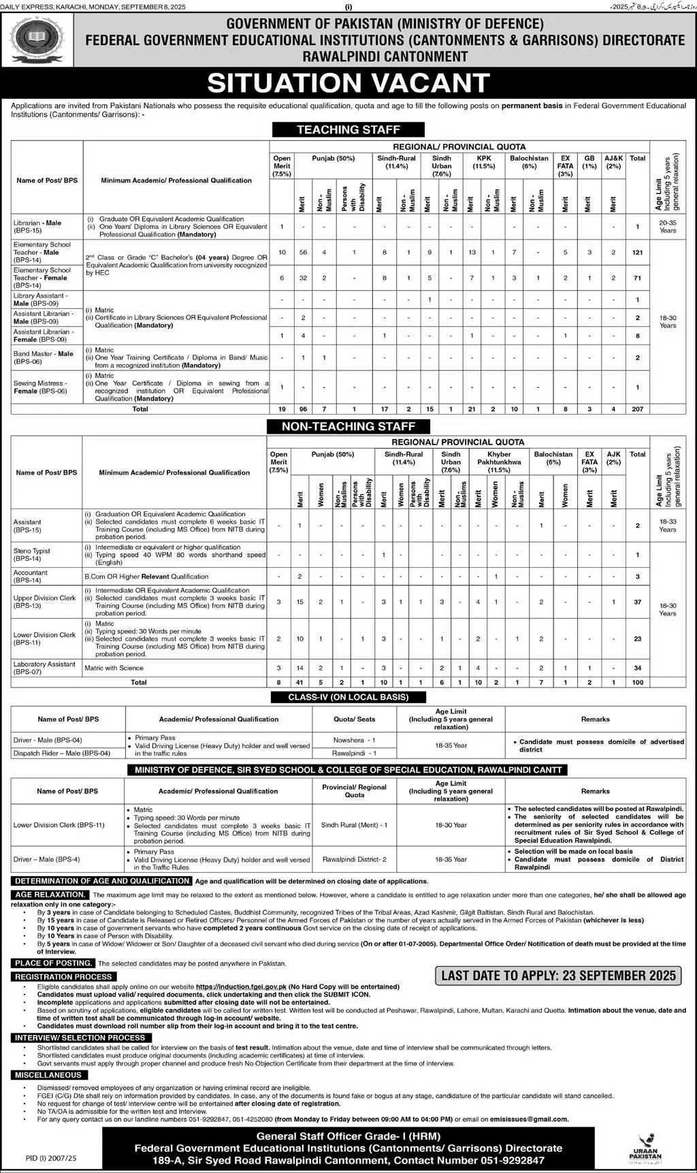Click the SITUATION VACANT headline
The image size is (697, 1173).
pos(348,83)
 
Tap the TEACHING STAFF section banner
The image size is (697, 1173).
pos(348,129)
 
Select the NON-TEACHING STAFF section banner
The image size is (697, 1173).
pos(348,426)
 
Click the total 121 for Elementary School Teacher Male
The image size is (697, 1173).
pos(637,253)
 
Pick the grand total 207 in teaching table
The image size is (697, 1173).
pos(637,409)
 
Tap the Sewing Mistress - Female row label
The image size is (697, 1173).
pos(40,387)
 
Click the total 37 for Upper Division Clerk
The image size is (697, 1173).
pos(637,602)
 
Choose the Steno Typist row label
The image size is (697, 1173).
pos(32,554)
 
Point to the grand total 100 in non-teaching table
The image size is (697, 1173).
pos(637,682)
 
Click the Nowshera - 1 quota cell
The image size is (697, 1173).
pos(354,739)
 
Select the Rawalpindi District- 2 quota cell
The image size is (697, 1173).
pos(354,859)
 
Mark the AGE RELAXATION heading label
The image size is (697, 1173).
pos(50,894)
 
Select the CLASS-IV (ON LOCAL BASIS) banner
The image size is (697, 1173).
pos(348,696)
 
